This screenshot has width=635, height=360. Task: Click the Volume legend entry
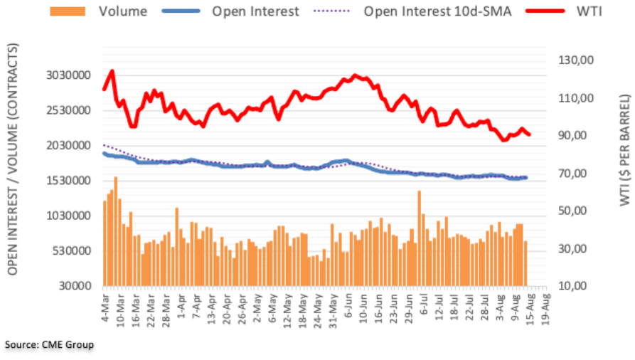click(x=98, y=11)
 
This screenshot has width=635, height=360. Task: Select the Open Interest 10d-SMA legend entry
click(x=412, y=11)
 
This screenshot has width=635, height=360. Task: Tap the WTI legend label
click(x=589, y=11)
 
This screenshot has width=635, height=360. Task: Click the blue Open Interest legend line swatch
click(x=181, y=11)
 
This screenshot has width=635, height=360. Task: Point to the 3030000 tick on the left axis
click(x=68, y=75)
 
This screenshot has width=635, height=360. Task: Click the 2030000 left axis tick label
click(x=68, y=146)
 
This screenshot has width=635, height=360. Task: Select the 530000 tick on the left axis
click(x=72, y=251)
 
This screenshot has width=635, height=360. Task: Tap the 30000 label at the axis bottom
click(x=75, y=286)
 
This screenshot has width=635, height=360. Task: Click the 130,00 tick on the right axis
click(x=576, y=60)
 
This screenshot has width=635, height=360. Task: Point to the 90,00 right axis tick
click(x=572, y=135)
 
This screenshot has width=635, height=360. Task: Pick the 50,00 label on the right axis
click(x=572, y=211)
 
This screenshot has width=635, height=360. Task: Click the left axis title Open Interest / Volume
click(x=13, y=159)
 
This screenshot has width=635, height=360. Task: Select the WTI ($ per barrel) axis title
click(x=625, y=150)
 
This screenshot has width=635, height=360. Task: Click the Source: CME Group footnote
click(x=49, y=345)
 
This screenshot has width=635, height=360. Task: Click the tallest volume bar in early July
click(x=420, y=238)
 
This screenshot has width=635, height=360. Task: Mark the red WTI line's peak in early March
click(x=112, y=71)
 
